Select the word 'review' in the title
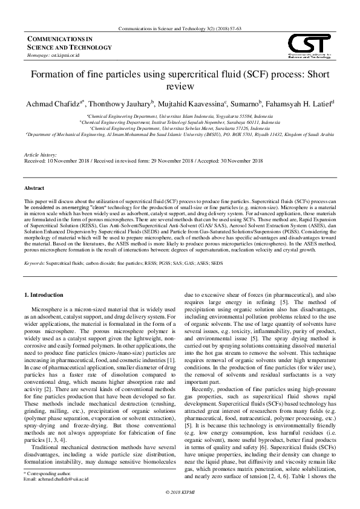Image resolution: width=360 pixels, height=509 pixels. (180, 87)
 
